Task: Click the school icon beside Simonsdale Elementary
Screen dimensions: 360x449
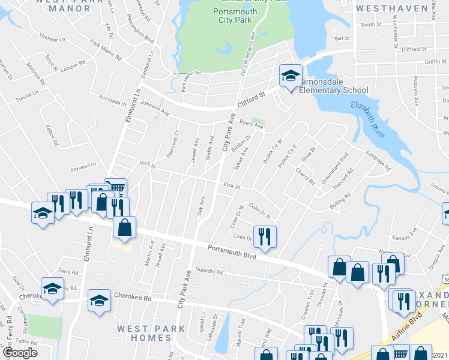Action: (290, 77)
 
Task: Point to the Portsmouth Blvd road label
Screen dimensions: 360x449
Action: (232, 251)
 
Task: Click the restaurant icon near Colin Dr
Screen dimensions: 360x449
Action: (264, 236)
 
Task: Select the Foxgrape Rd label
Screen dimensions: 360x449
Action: (379, 160)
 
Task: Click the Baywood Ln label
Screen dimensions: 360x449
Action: (83, 165)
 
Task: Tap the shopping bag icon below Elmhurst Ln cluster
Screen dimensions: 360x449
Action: (125, 227)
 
